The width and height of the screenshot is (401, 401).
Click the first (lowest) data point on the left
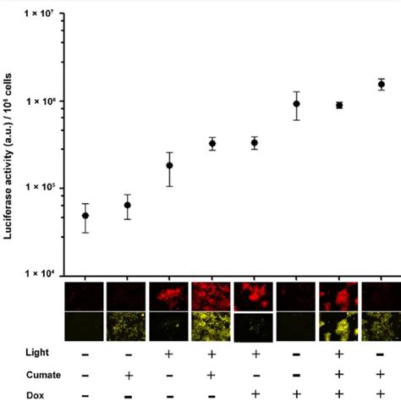coord(85,216)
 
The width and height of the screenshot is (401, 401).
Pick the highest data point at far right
coord(382,85)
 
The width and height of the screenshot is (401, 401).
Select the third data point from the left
coord(169,166)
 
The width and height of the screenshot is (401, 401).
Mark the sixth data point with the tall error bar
coord(297,104)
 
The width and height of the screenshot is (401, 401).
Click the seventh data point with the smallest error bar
coord(339,105)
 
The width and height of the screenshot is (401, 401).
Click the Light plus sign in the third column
coord(169,353)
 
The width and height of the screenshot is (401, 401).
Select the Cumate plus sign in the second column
coord(127,373)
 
